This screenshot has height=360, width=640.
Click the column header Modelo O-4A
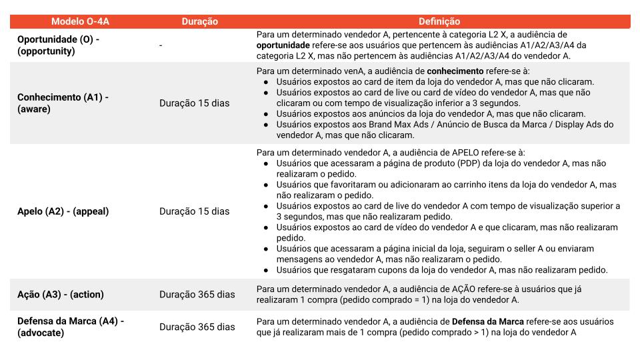80,21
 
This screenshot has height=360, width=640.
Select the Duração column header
199,21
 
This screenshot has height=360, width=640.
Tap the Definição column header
439,21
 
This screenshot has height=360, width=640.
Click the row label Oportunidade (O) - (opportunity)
59,45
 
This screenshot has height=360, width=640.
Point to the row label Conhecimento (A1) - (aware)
63,103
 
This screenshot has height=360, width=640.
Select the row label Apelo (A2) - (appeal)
63,211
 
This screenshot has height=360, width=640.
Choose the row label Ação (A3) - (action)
61,294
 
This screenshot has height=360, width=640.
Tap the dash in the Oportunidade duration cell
161,45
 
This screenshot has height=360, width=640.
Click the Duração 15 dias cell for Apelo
194,211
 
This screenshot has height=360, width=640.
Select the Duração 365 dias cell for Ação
197,294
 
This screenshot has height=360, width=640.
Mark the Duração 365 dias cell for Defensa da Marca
197,327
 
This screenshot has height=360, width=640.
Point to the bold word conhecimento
455,71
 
